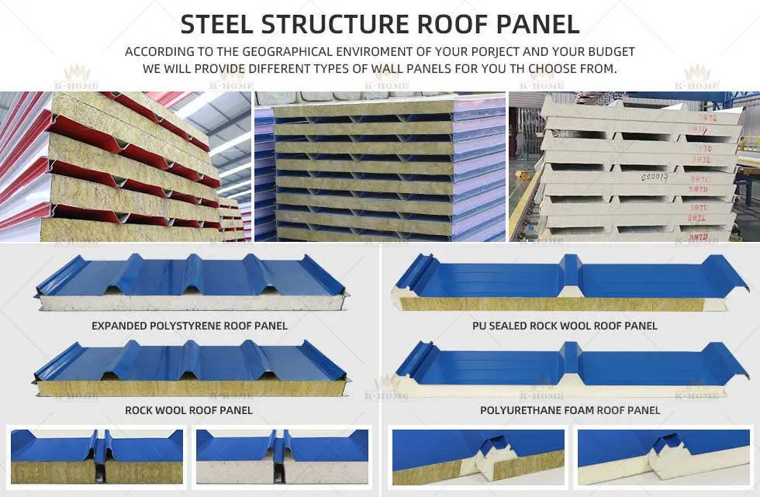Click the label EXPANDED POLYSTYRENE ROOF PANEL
click(x=189, y=326)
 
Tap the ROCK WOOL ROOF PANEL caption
click(x=189, y=409)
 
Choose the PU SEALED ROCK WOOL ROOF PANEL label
click(x=565, y=326)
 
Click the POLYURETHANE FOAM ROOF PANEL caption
click(x=570, y=409)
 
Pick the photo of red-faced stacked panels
click(x=124, y=167)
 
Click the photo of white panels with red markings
click(x=634, y=167)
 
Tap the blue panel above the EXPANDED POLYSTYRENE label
click(x=190, y=280)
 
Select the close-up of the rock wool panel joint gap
click(x=97, y=457)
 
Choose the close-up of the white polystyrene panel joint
click(x=282, y=457)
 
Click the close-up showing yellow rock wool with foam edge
click(x=478, y=457)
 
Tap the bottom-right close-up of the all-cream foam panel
click(x=663, y=457)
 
